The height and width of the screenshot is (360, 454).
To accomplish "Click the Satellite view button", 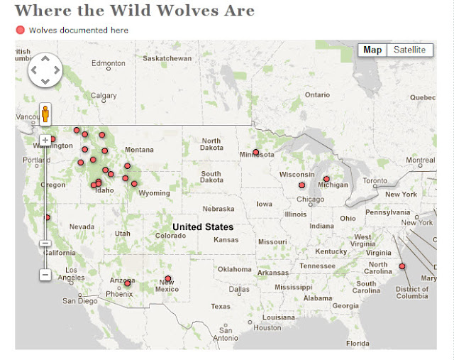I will (409, 50).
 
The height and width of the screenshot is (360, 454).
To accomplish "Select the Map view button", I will (372, 50).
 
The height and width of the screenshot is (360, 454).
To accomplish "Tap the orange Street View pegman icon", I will (45, 114).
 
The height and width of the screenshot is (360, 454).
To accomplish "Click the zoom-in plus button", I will (45, 140).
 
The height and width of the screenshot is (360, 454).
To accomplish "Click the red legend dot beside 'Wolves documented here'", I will (20, 30).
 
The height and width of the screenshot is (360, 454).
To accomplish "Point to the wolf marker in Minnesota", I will (256, 152).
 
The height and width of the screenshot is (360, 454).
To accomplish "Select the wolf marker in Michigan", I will (326, 179).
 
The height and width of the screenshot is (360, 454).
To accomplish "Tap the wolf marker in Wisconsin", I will (301, 185).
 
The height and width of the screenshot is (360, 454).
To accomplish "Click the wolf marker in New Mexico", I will (167, 278).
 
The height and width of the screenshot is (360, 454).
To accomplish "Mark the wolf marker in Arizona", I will (128, 283).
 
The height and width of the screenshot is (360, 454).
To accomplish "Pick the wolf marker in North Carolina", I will (402, 266).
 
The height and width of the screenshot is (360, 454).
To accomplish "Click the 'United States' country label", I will (203, 227).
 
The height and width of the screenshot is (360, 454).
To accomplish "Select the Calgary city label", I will (103, 96).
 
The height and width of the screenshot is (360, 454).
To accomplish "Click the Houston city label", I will (267, 328).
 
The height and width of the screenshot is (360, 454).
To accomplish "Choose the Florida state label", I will (358, 343).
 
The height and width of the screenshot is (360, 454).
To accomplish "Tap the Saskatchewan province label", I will (167, 58).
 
